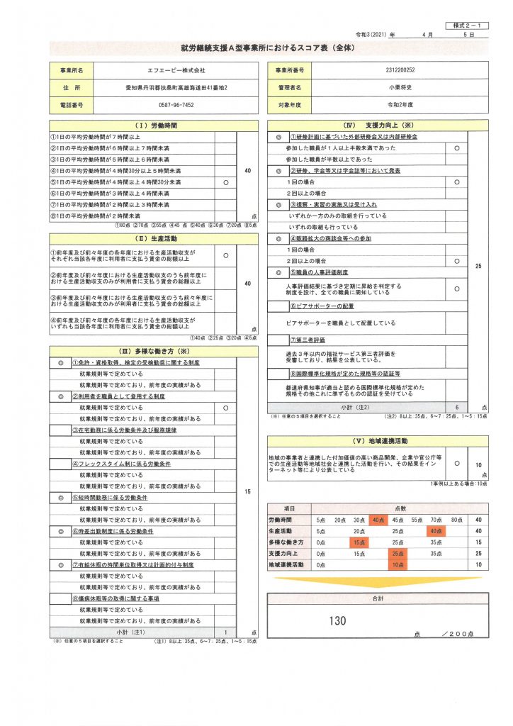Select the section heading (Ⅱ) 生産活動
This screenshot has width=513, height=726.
click(153, 238)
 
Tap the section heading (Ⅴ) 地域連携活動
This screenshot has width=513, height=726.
click(377, 439)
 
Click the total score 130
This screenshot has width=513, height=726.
click(338, 621)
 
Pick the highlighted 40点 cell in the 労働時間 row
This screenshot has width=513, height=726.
click(377, 519)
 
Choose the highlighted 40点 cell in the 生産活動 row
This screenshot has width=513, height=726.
click(435, 530)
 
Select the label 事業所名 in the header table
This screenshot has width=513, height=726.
click(72, 71)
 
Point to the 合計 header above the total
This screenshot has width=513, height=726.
click(377, 599)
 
